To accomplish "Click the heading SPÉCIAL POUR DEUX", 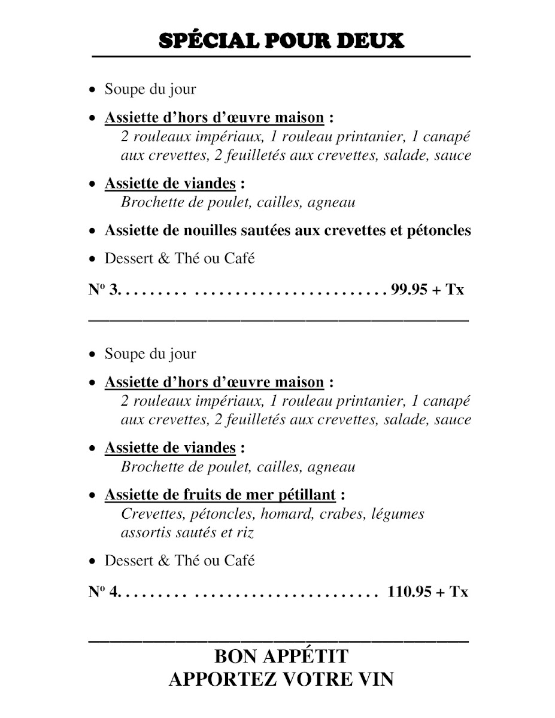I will click(281, 40).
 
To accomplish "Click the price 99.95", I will click(409, 290).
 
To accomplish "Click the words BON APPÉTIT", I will click(281, 656).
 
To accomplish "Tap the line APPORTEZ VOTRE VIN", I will click(281, 680).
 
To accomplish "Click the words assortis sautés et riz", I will click(192, 532).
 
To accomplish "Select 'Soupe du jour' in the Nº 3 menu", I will click(150, 90).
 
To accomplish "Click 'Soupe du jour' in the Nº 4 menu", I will click(150, 354).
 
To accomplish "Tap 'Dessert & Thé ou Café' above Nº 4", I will click(180, 561).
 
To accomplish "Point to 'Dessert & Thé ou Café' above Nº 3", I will click(180, 258).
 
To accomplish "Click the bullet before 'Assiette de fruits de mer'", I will click(92, 496).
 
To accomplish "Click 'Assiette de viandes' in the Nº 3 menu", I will click(170, 184).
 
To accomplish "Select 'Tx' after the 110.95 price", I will click(458, 592).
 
